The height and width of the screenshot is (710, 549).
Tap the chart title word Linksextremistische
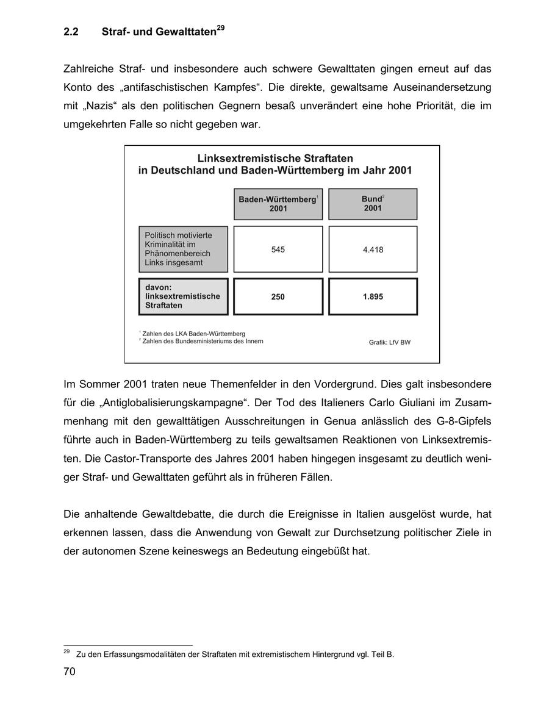click(249, 158)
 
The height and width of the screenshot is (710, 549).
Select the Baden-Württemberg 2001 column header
click(278, 204)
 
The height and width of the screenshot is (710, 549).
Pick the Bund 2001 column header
click(373, 204)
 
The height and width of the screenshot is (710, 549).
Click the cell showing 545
click(278, 249)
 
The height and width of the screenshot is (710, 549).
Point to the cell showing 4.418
click(373, 249)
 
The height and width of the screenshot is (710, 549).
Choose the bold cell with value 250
click(278, 297)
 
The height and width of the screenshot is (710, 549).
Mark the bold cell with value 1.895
click(373, 297)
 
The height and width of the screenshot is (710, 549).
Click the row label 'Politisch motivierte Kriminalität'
click(183, 249)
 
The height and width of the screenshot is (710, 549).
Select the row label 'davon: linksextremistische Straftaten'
click(183, 296)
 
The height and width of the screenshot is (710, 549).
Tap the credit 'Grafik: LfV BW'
click(389, 343)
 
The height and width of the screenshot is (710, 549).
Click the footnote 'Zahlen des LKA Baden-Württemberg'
click(193, 334)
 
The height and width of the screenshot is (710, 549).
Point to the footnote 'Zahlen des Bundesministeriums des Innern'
click(203, 341)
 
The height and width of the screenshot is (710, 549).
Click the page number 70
click(70, 672)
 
